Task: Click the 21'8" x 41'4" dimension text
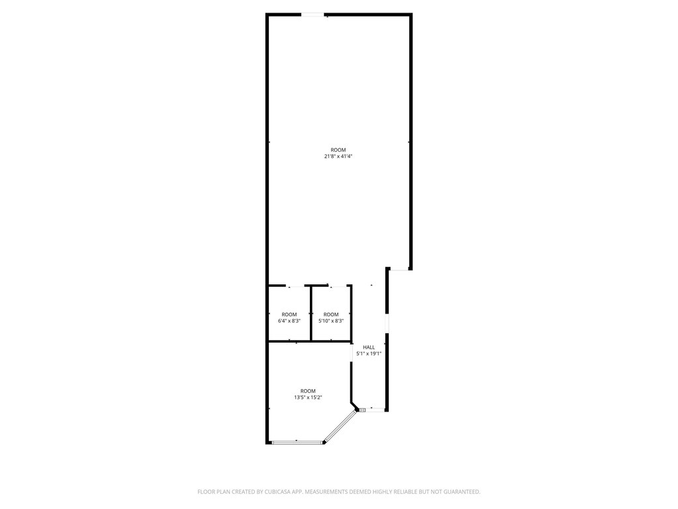point(338,156)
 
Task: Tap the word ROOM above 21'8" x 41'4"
point(338,150)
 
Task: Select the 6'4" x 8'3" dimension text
point(289,321)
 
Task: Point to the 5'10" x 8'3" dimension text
point(331,321)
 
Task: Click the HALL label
point(369,347)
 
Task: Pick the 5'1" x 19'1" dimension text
point(369,354)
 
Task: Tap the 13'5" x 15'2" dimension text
point(309,398)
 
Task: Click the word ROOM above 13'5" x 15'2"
point(309,391)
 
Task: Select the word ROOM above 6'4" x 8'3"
point(289,315)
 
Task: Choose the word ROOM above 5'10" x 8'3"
point(331,315)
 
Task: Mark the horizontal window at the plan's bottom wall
point(297,442)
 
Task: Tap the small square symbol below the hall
point(362,410)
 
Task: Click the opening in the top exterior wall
point(313,15)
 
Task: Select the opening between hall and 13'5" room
point(352,351)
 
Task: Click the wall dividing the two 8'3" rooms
point(311,313)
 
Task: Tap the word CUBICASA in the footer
point(284,492)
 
